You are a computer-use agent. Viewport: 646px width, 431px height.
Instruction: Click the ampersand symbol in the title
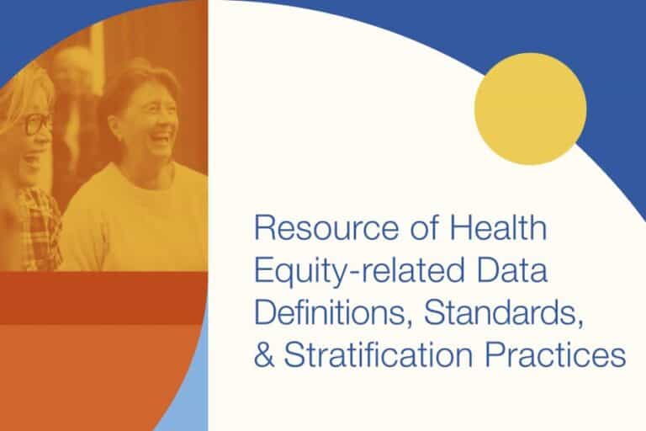pyautogui.click(x=265, y=355)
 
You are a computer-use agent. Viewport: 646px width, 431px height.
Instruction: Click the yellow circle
pyautogui.click(x=530, y=109)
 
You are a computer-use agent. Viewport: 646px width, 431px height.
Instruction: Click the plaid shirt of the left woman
pyautogui.click(x=38, y=227)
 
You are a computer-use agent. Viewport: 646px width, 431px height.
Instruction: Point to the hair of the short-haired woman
pyautogui.click(x=135, y=80)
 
